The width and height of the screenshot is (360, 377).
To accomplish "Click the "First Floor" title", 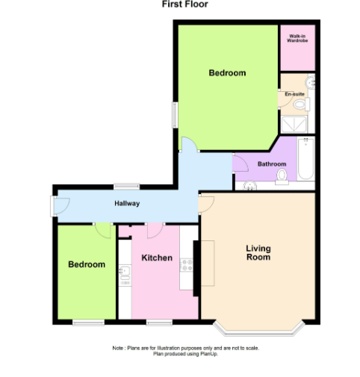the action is (184, 4).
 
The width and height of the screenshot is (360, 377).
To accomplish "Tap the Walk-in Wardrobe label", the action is (297, 38).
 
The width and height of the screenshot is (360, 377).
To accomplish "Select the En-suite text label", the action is (295, 94).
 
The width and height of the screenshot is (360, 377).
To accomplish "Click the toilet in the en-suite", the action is (301, 105).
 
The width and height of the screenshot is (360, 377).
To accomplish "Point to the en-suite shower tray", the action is (294, 124).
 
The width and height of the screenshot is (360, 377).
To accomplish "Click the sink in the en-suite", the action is (310, 82).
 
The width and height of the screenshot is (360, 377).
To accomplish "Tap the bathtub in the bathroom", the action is (305, 158).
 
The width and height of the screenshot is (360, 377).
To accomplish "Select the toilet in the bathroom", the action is (282, 177).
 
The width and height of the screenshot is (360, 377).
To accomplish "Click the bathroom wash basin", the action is (250, 185).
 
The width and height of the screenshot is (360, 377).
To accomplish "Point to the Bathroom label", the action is (272, 164).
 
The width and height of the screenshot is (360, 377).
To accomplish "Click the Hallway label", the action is (127, 204).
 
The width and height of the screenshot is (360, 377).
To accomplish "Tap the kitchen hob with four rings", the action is (186, 265).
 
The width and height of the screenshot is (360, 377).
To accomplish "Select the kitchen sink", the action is (125, 275).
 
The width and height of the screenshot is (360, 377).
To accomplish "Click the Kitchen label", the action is (157, 258).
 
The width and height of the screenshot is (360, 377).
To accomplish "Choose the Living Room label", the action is (258, 252).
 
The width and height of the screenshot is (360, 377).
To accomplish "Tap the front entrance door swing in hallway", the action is (61, 206).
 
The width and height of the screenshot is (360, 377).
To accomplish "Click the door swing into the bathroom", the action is (240, 163).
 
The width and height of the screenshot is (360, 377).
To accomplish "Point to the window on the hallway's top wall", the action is (127, 187).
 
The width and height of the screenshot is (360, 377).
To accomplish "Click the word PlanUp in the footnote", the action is (209, 354).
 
